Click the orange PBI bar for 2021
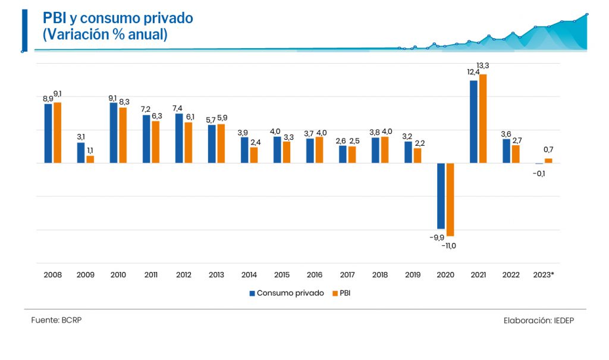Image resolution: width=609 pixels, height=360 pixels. (483, 118)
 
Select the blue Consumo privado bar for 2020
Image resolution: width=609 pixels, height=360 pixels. (441, 196)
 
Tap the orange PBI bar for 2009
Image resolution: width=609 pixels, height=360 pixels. (90, 159)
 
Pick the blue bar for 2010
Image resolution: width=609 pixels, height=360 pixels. (114, 133)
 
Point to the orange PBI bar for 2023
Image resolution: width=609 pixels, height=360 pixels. (548, 161)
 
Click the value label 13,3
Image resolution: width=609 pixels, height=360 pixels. (483, 65)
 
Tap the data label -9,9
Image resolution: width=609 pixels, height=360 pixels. (437, 237)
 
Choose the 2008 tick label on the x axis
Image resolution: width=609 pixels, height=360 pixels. (52, 275)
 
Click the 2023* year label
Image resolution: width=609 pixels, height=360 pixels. (544, 275)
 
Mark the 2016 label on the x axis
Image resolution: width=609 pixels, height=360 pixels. (315, 275)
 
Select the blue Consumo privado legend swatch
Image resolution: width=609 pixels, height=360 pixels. (252, 293)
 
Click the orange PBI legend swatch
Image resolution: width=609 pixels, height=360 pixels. (335, 293)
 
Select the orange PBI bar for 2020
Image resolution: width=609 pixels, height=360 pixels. (450, 199)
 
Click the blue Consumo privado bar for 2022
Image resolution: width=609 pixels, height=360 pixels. (506, 151)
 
